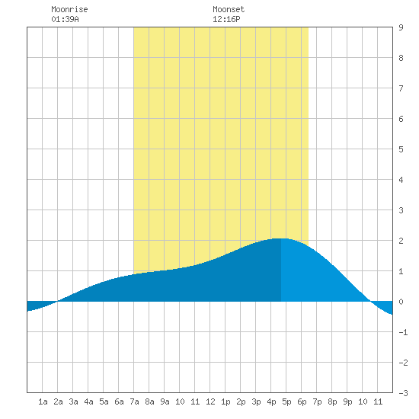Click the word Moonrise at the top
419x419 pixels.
(x=69, y=9)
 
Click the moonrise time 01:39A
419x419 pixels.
(x=65, y=19)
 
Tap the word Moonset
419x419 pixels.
(x=229, y=9)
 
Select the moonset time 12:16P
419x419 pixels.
(x=226, y=19)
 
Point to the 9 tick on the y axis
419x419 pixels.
(x=401, y=27)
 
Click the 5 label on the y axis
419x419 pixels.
(x=401, y=149)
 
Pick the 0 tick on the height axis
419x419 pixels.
(x=401, y=302)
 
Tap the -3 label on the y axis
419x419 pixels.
(x=403, y=393)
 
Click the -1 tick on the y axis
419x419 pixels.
(x=403, y=332)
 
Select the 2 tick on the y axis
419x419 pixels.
(x=401, y=241)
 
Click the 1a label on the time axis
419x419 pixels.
(x=43, y=401)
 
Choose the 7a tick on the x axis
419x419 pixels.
(x=134, y=401)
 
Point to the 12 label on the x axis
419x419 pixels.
(x=210, y=401)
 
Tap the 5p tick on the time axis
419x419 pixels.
(x=286, y=401)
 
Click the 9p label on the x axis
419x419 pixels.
(x=347, y=401)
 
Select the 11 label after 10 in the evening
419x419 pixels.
(x=378, y=401)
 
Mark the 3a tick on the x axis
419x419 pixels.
(x=73, y=401)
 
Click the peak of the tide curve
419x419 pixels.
(x=280, y=238)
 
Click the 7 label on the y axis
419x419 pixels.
(x=401, y=88)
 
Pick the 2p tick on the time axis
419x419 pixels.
(x=241, y=401)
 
